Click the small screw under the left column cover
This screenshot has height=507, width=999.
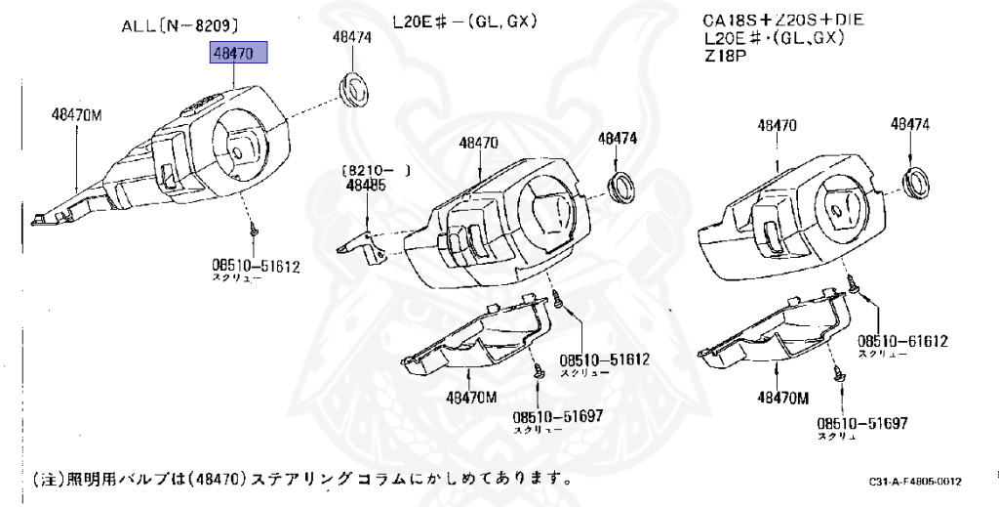click(253, 231)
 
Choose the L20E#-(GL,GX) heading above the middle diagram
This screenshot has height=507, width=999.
click(465, 21)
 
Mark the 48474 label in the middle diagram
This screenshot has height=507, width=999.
click(617, 140)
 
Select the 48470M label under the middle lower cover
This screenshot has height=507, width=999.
click(471, 397)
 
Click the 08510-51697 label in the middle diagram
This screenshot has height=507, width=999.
click(558, 416)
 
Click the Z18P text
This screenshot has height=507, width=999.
click(724, 56)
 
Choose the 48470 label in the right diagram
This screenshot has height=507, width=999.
click(778, 125)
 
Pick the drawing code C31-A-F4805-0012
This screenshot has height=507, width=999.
click(915, 482)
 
